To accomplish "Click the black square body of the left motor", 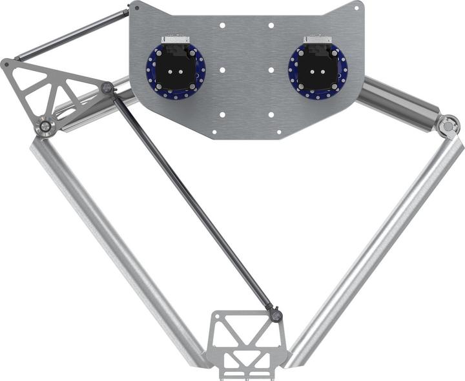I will pyautogui.click(x=174, y=70).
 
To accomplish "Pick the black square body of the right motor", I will pyautogui.click(x=317, y=70).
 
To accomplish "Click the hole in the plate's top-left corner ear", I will pyautogui.click(x=137, y=7).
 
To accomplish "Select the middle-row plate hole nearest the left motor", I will pyautogui.click(x=222, y=70).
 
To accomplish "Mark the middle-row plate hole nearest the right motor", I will pyautogui.click(x=271, y=70).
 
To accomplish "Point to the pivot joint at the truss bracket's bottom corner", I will pyautogui.click(x=45, y=127).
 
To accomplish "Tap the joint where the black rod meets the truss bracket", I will pyautogui.click(x=107, y=87).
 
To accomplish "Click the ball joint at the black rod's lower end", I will pyautogui.click(x=276, y=316).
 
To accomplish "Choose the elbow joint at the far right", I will pyautogui.click(x=448, y=125).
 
